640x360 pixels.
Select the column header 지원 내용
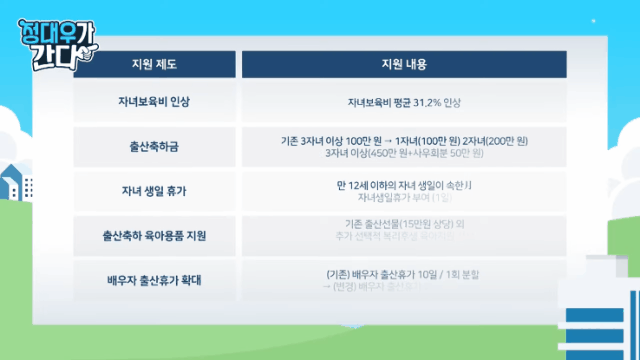(404, 64)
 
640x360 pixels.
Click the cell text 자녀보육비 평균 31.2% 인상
(404, 103)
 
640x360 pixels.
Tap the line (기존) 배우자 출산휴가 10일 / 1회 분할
(404, 273)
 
